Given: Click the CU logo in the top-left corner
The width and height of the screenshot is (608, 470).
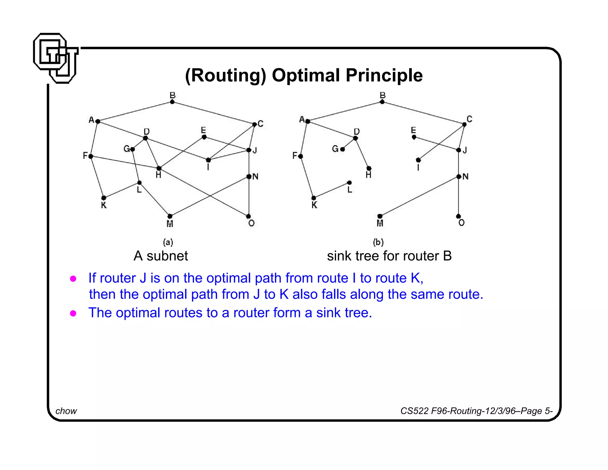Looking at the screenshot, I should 56,58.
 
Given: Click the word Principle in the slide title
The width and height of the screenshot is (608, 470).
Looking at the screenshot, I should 384,75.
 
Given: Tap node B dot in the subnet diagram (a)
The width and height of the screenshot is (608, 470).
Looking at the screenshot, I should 172,102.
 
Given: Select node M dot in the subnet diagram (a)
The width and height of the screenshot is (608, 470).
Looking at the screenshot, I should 170,216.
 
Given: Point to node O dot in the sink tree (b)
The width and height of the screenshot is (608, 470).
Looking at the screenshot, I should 459,216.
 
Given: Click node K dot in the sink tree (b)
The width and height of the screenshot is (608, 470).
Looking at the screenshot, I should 314,198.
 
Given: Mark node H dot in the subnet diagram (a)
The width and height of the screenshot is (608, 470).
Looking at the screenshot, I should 159,168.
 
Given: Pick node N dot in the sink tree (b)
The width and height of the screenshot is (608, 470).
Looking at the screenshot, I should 459,177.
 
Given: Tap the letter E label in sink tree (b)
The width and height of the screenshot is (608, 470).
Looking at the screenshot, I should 413,130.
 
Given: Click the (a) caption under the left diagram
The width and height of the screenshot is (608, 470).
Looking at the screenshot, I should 168,242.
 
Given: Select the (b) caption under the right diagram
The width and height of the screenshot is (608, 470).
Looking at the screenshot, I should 378,242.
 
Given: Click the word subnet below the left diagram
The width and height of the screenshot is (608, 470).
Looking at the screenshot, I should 167,256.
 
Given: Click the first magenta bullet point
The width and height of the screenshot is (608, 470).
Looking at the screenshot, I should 73,279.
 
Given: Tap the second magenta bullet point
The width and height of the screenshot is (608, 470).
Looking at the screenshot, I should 73,313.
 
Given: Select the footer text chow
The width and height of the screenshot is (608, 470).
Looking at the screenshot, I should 66,411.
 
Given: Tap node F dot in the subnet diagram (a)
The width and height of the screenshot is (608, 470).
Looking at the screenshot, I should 91,156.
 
